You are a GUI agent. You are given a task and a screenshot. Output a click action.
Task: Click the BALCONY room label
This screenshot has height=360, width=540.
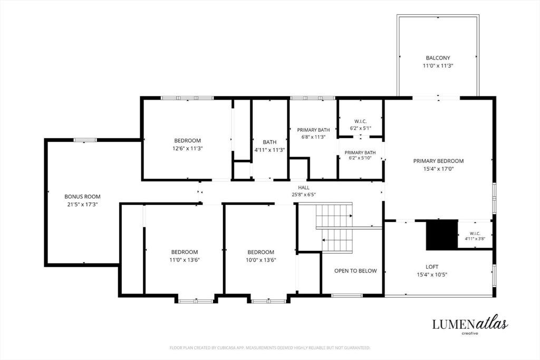click(438, 58)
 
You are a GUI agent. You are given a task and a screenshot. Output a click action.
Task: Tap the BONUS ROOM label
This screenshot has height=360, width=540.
click(83, 197)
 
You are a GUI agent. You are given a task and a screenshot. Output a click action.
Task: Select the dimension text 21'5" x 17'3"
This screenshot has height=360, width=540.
click(83, 205)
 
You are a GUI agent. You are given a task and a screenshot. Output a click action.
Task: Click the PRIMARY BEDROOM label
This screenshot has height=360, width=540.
click(438, 161)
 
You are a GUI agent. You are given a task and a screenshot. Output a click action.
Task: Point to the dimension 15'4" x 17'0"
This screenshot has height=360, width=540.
click(438, 169)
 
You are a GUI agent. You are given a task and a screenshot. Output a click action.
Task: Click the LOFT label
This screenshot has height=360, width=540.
click(432, 267)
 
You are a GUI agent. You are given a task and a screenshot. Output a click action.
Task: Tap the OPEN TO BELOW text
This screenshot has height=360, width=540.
click(355, 271)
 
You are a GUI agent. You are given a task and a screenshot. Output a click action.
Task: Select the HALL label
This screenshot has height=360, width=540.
click(304, 188)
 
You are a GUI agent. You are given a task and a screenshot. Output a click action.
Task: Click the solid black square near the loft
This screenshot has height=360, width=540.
click(442, 235)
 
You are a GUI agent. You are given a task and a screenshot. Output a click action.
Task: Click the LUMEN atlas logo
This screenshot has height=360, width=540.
click(470, 325)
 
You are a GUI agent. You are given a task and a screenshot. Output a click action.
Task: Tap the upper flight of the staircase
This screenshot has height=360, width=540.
click(334, 216)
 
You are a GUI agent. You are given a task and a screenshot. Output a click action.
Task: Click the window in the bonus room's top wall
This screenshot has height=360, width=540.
click(85, 140)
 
